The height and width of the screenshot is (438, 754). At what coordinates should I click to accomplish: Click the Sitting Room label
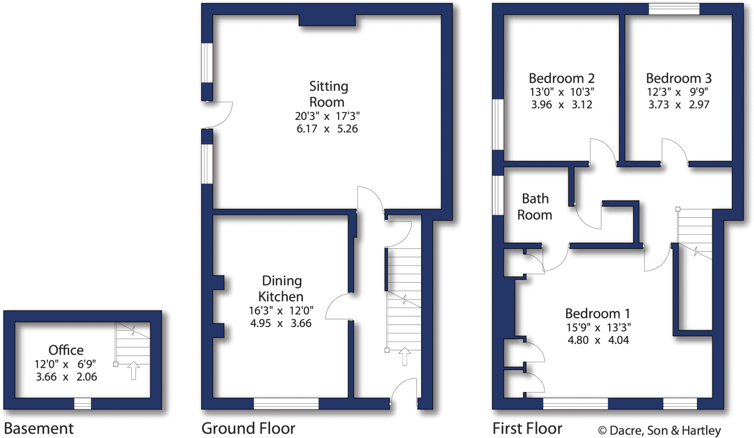pyautogui.click(x=328, y=94)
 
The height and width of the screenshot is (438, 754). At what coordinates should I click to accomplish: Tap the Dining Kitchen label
pyautogui.click(x=281, y=289)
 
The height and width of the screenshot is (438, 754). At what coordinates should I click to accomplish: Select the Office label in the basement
pyautogui.click(x=66, y=350)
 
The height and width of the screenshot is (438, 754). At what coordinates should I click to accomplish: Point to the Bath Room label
pyautogui.click(x=535, y=206)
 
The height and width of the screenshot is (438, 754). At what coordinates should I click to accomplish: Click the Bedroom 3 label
pyautogui.click(x=679, y=78)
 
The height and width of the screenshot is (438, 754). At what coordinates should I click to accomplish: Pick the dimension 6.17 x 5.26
pyautogui.click(x=327, y=129)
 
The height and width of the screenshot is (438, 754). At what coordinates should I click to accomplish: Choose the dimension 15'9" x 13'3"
pyautogui.click(x=598, y=327)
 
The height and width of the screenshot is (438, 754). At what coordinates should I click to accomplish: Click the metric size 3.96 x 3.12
pyautogui.click(x=561, y=105)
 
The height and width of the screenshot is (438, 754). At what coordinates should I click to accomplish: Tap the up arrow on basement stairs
pyautogui.click(x=134, y=370)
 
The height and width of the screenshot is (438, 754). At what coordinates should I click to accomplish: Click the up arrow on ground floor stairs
pyautogui.click(x=405, y=356)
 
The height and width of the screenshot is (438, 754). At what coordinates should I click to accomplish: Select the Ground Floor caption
pyautogui.click(x=248, y=428)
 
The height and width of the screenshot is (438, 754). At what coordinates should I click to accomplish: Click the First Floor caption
pyautogui.click(x=527, y=428)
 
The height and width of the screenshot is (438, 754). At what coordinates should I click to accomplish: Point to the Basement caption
pyautogui.click(x=39, y=428)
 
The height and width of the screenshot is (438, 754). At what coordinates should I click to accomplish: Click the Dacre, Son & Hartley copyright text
pyautogui.click(x=659, y=430)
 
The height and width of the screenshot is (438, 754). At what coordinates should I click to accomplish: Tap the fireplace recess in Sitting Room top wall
pyautogui.click(x=327, y=20)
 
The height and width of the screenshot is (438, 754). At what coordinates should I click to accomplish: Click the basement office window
pyautogui.click(x=82, y=403)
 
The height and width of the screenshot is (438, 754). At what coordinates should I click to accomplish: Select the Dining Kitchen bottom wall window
pyautogui.click(x=286, y=403)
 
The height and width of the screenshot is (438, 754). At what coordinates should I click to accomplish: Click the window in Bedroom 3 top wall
pyautogui.click(x=674, y=9)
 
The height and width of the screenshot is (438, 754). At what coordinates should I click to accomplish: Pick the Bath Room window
pyautogui.click(x=498, y=195)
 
